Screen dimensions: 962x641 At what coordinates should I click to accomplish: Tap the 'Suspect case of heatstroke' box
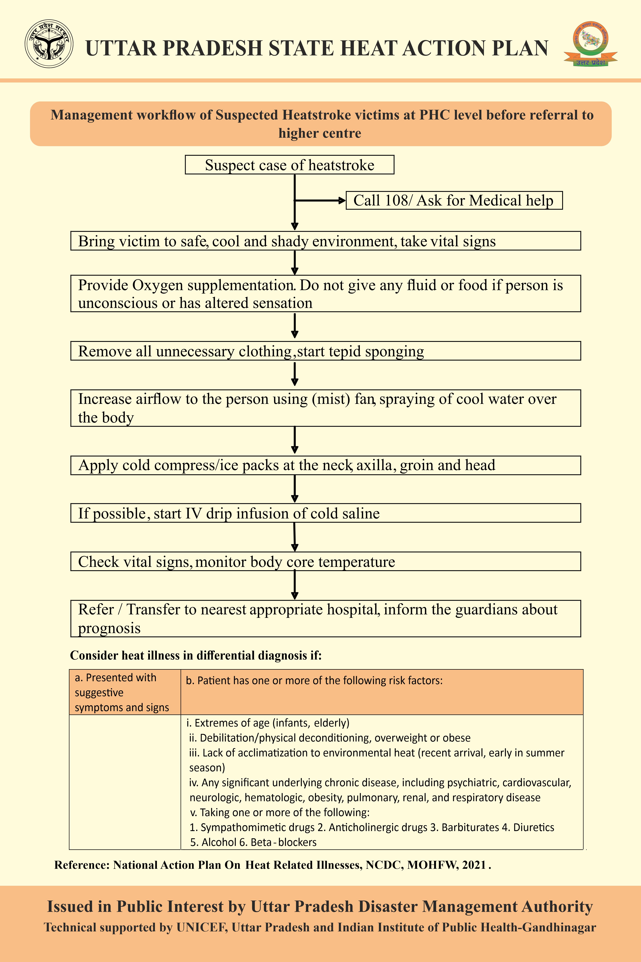290,165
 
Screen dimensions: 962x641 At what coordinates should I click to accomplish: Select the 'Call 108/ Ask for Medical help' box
454,200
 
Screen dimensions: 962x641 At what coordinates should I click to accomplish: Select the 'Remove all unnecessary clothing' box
325,351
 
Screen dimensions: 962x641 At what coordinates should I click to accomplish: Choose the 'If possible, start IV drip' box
325,513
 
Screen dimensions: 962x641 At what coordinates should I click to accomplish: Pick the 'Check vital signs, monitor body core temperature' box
325,561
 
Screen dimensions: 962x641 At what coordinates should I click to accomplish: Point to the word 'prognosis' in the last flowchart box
109,628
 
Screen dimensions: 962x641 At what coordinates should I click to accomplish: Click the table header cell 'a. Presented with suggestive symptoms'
125,692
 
